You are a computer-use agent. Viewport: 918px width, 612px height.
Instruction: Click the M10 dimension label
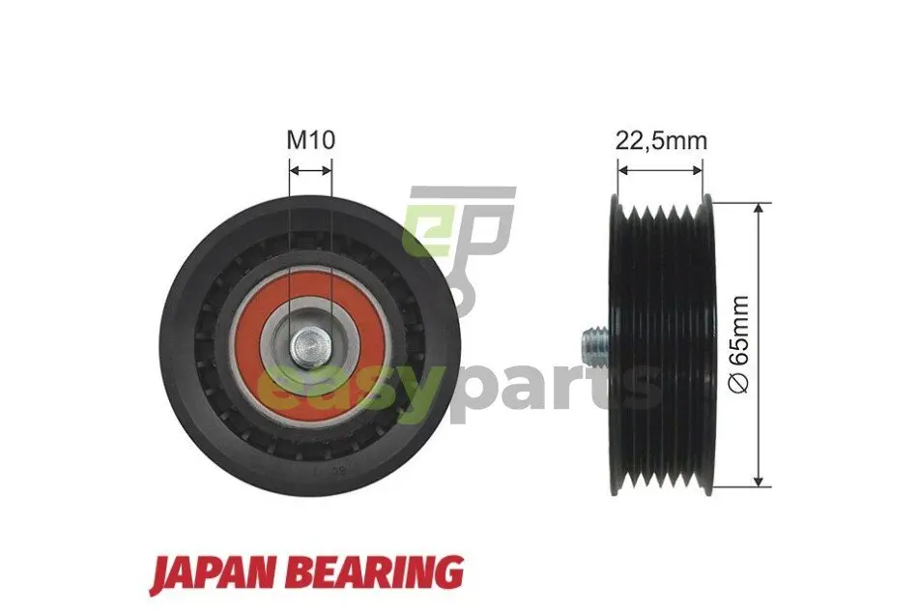point(310,140)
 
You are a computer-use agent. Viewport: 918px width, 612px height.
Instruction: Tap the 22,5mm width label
point(661,140)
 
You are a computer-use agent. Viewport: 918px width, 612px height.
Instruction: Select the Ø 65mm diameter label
point(739,344)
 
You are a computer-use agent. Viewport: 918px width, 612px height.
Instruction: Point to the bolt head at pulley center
point(310,348)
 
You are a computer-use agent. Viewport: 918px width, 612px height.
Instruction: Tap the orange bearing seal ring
point(310,345)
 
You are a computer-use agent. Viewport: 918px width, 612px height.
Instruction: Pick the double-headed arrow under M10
point(311,170)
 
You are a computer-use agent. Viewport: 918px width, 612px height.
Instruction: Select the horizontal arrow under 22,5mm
point(660,170)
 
